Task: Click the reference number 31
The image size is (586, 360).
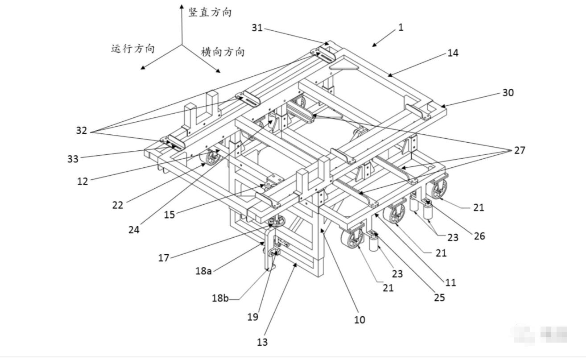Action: tap(257, 28)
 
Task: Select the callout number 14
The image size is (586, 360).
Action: tap(453, 53)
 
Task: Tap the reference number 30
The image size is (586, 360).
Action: tap(508, 93)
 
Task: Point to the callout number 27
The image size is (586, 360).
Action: tap(520, 150)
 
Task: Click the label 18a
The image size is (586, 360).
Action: tap(203, 270)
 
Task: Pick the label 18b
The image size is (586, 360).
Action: tap(220, 298)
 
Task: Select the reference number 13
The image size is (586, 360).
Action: tap(262, 342)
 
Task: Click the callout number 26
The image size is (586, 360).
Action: tap(479, 236)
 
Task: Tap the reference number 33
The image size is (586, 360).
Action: tap(73, 159)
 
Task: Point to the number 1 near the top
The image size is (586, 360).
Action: tap(400, 27)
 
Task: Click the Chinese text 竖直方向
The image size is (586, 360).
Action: tap(210, 12)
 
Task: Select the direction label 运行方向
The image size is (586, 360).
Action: tap(133, 49)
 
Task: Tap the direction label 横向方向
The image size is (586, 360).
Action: tap(223, 52)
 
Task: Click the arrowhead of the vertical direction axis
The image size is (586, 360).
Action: tap(182, 6)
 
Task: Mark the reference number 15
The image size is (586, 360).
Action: tap(169, 215)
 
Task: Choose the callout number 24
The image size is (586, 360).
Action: tap(134, 230)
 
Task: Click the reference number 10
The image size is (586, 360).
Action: tap(359, 319)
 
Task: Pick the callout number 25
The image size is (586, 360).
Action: tap(439, 297)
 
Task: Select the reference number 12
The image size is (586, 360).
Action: tap(83, 181)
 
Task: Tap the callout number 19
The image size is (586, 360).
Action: tap(253, 317)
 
